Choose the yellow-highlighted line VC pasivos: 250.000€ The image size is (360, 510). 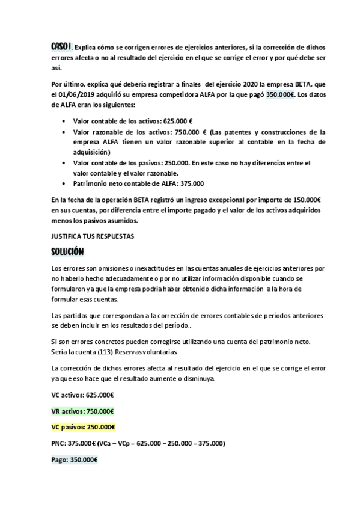[84, 427]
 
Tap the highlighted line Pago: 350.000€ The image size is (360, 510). [75, 459]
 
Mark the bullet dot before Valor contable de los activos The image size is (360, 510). [64, 121]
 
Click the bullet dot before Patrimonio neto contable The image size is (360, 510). [64, 183]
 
